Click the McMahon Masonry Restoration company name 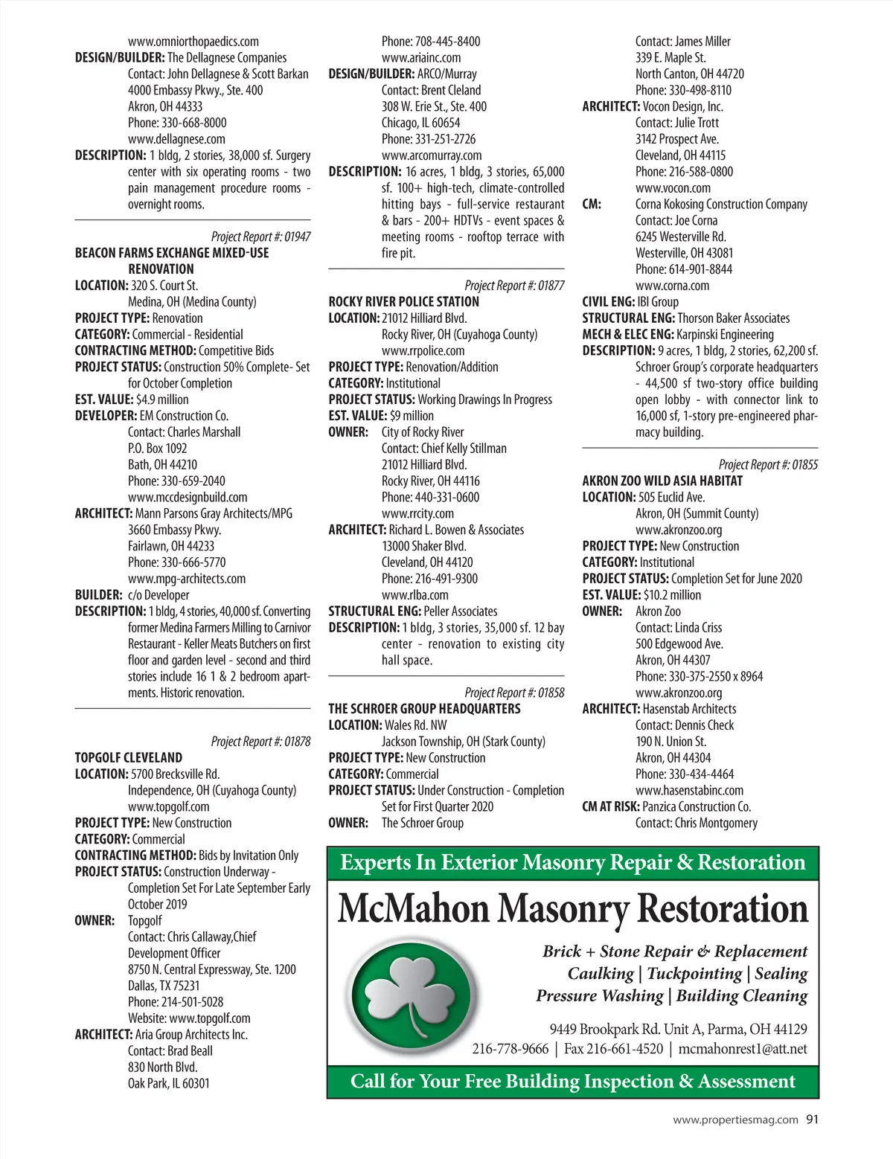point(572,909)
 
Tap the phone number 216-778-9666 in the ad point(510,1049)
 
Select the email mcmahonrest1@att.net point(743,1049)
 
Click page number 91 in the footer point(812,1119)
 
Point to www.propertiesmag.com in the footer point(735,1120)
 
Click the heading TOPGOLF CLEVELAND point(128,757)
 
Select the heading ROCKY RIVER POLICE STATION point(403,301)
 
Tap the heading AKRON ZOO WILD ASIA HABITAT point(662,481)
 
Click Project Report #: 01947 point(260,237)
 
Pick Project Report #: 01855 point(768,464)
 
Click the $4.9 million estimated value point(162,399)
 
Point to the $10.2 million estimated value point(672,594)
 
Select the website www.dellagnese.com point(176,139)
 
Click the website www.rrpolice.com point(423,350)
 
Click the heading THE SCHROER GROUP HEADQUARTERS point(424,708)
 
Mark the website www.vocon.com point(672,188)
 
